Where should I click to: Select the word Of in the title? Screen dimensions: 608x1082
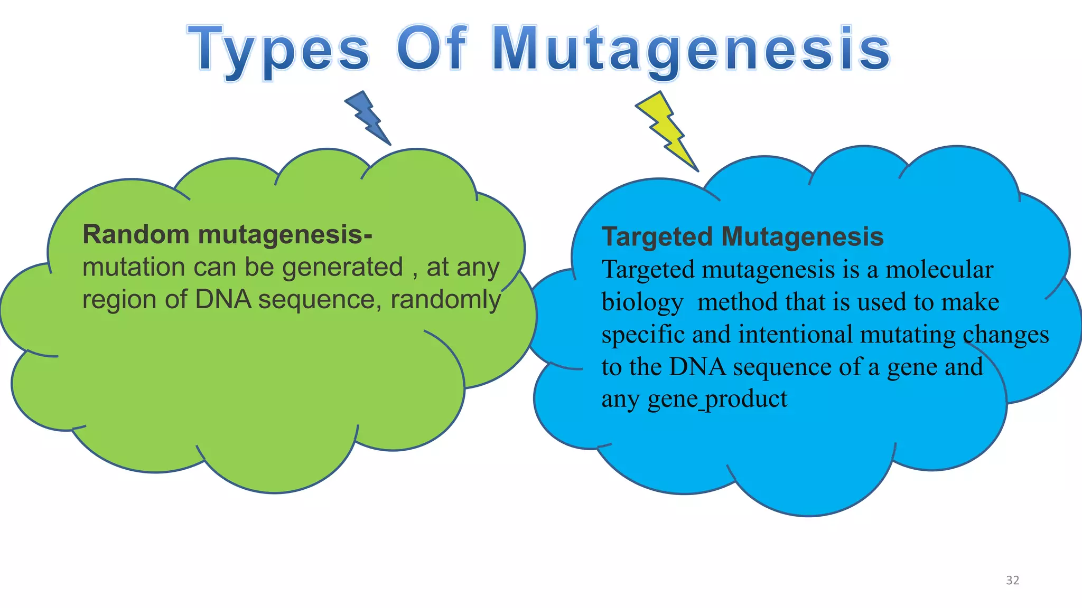point(432,49)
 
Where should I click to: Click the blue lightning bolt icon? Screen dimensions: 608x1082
point(368,118)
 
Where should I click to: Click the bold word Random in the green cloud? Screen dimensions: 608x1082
point(136,234)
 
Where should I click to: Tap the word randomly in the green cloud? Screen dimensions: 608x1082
point(445,300)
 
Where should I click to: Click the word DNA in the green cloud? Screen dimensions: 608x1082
point(223,299)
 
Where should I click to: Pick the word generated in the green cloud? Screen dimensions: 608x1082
point(342,268)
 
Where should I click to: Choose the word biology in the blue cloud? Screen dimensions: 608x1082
point(642,303)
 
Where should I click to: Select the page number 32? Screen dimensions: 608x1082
point(1012,581)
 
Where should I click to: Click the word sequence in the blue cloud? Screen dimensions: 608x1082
point(782,367)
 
